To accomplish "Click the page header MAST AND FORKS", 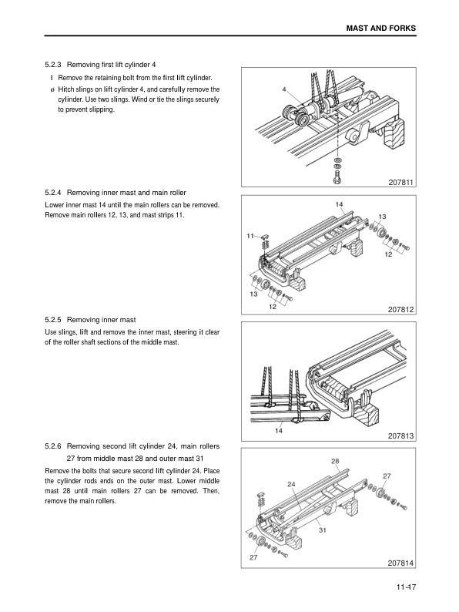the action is (x=381, y=28).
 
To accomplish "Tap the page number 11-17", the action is (x=407, y=587).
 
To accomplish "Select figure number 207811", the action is (x=400, y=182).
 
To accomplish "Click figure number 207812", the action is (x=400, y=310).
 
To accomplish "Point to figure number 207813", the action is (x=400, y=436).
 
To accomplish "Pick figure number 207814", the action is (x=400, y=563).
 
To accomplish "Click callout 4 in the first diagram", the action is (x=284, y=89).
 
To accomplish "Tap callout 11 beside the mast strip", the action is (x=250, y=236).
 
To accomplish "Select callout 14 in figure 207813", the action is (x=279, y=431).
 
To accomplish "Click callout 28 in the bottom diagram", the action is (x=335, y=461).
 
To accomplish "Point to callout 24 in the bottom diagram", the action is (x=291, y=484).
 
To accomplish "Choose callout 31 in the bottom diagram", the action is (x=323, y=530).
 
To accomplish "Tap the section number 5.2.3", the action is (x=52, y=65).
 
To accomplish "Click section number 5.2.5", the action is (x=52, y=320).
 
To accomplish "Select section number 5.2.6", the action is (x=52, y=446).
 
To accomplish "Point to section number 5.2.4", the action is (x=52, y=193).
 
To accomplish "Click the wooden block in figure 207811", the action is (x=394, y=135).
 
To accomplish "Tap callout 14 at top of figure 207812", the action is (x=340, y=204).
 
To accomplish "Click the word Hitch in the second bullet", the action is (x=65, y=89).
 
